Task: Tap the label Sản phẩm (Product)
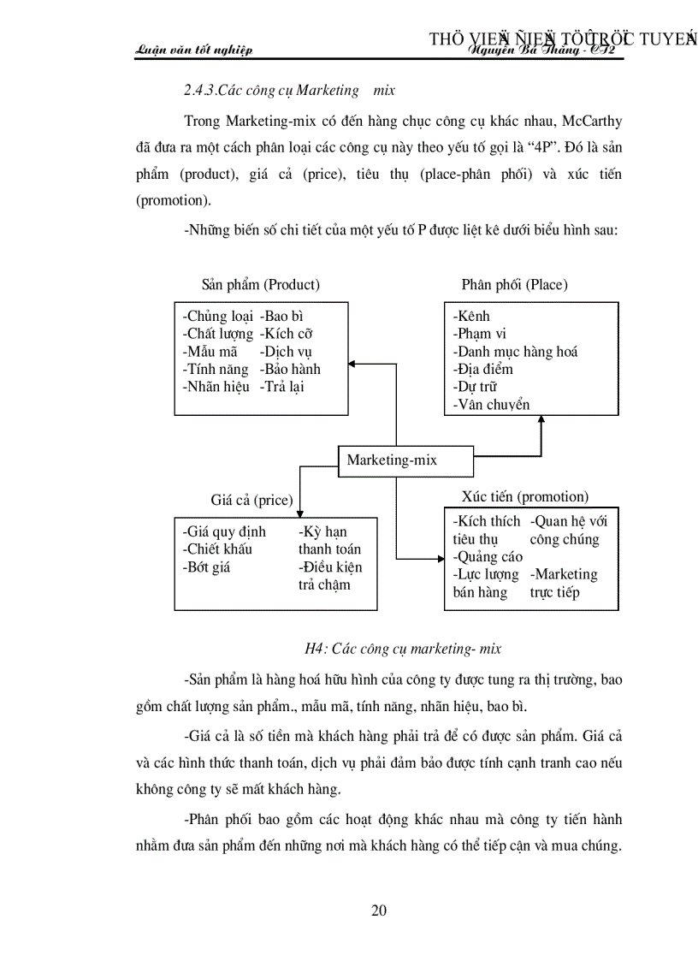[260, 285]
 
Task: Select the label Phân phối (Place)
[514, 285]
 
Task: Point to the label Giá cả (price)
[251, 500]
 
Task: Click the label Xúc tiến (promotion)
[524, 496]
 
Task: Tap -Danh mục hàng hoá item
[515, 352]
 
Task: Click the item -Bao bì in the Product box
[281, 317]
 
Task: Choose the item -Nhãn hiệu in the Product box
[216, 387]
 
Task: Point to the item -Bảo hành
[290, 369]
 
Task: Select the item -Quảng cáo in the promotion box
[488, 557]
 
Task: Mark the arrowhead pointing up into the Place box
[541, 421]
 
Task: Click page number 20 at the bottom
[379, 911]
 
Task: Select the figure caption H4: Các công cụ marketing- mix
[403, 649]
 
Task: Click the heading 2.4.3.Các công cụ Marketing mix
[289, 90]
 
